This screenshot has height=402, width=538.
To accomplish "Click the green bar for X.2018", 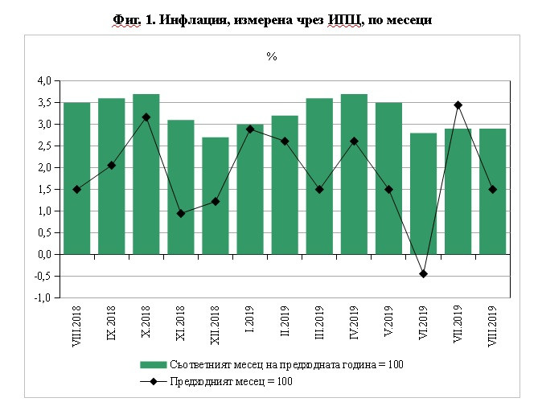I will [x=146, y=174].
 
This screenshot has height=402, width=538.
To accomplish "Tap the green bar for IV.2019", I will [x=354, y=174].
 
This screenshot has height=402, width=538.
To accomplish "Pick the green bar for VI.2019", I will [x=423, y=193].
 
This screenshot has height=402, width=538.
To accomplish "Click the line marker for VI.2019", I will [x=423, y=274].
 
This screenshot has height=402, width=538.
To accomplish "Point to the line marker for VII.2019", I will [x=458, y=105].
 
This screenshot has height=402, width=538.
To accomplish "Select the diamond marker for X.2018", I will [x=146, y=117].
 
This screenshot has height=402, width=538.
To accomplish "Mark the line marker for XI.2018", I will [x=180, y=214].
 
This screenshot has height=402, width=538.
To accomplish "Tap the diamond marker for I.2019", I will [x=250, y=129].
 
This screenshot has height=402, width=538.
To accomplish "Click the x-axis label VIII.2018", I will [x=76, y=325].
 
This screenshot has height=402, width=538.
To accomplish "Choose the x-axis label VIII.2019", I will [x=492, y=325].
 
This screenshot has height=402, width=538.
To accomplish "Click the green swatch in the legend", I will [x=153, y=365].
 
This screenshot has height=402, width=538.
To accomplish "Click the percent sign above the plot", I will [x=272, y=57].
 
